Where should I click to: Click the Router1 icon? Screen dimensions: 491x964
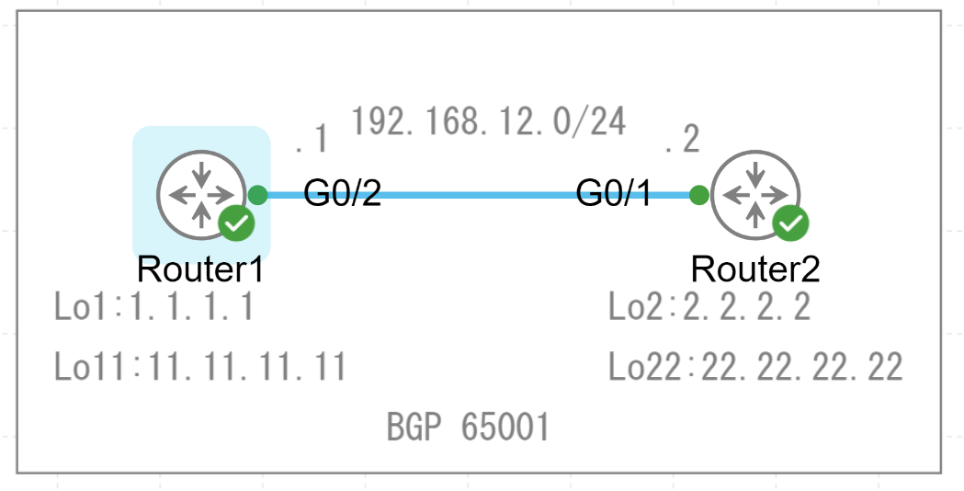point(200,194)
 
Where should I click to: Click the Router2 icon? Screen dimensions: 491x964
point(754,194)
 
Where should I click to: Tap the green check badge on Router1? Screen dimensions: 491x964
point(236,223)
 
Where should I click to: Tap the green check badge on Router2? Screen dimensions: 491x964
point(791,223)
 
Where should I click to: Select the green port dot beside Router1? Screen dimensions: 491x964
point(258,195)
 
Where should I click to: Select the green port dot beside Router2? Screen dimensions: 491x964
point(698,195)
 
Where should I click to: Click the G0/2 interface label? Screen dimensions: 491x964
point(342,194)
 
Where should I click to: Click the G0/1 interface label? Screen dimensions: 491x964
point(615,194)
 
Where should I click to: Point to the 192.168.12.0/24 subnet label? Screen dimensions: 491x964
point(489,120)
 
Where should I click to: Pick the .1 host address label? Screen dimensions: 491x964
point(312,140)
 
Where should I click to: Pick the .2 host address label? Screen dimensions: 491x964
point(683,140)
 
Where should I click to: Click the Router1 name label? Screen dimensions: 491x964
point(200,269)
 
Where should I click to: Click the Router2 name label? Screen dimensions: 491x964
point(754,269)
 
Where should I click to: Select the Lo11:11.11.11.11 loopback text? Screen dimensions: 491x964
point(200,367)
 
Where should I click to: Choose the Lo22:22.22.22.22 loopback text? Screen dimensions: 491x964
point(755,367)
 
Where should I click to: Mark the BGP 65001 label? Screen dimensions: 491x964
point(468,428)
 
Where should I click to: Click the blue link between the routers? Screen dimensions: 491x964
point(478,195)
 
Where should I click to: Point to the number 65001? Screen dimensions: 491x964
point(505,428)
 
